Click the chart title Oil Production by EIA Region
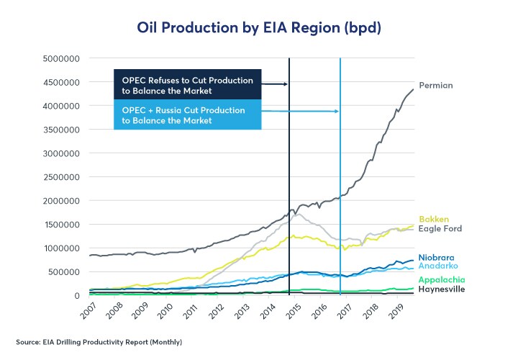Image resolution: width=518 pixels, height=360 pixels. (259, 28)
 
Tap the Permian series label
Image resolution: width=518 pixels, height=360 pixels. (436, 86)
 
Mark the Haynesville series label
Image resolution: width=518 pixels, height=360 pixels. (442, 289)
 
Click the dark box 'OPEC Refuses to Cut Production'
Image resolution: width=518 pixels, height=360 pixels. (188, 84)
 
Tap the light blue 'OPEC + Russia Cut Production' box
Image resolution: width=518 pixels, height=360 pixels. (188, 115)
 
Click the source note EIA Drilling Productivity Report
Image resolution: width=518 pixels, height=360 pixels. (99, 341)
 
